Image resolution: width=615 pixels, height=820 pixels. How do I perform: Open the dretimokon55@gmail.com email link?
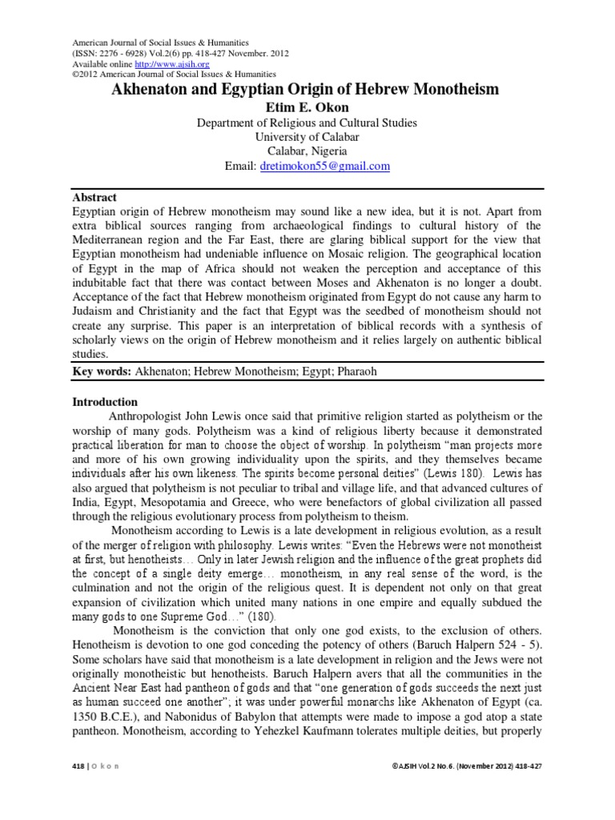click(324, 166)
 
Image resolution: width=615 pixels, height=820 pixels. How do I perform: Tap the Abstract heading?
click(94, 197)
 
